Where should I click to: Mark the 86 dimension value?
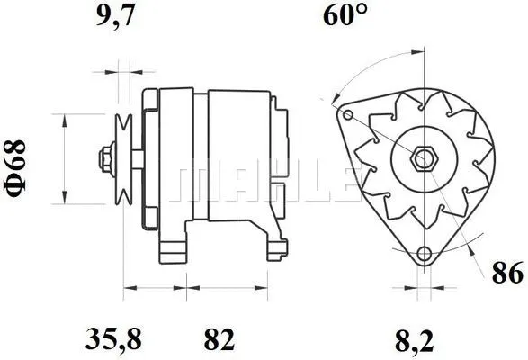507,272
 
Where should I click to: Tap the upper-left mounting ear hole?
346,113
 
